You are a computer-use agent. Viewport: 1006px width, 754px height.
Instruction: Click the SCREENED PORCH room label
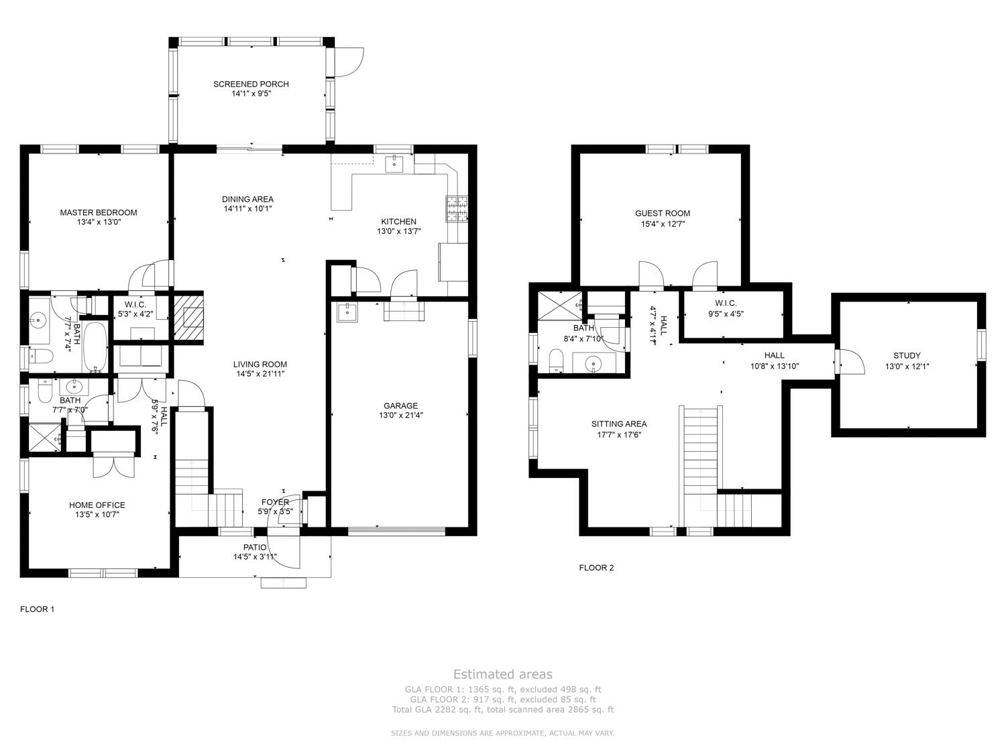(251, 84)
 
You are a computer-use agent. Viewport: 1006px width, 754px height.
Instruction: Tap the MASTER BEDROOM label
(99, 212)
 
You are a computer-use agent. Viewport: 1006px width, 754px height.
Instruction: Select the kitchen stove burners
(457, 209)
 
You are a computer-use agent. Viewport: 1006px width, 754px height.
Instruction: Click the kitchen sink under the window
(394, 164)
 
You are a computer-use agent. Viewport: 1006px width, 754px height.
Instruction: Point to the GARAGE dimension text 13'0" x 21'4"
(400, 416)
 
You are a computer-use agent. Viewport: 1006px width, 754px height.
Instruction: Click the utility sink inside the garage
(347, 312)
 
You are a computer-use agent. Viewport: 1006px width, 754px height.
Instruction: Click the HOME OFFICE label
(97, 505)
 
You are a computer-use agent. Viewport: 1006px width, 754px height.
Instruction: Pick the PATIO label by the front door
(255, 547)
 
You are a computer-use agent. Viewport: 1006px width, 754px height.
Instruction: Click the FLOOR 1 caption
(37, 609)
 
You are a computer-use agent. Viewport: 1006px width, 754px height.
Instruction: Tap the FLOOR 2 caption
(596, 568)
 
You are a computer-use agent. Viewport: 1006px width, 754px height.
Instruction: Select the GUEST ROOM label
(662, 213)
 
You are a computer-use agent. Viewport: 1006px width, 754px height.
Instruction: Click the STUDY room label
(907, 355)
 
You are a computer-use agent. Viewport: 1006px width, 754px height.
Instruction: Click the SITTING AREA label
(619, 424)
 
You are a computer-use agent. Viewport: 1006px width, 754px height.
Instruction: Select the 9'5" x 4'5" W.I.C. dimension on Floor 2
(726, 314)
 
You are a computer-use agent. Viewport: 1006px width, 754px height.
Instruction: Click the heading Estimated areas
(503, 674)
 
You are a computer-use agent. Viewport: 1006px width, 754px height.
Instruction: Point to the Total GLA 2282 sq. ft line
(503, 710)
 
